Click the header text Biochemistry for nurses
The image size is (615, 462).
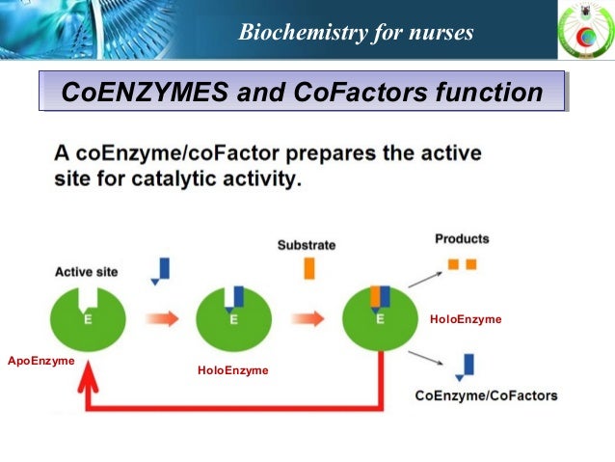[x=356, y=34]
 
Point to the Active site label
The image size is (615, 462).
[x=86, y=272]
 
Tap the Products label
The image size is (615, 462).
[x=462, y=238]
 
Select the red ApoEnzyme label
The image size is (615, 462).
[x=40, y=360]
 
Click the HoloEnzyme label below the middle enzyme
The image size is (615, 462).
[x=232, y=370]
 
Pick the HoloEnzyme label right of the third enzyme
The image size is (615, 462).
[x=466, y=319]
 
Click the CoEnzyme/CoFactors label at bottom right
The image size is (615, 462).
[x=486, y=395]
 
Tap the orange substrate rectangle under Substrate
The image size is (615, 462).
[x=308, y=267]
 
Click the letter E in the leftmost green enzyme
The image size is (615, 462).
[x=88, y=321]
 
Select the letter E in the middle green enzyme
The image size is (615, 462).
[x=233, y=321]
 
